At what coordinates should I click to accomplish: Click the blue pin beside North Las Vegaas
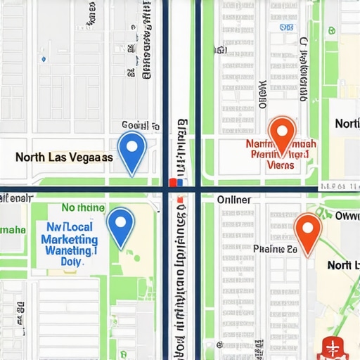click(131, 150)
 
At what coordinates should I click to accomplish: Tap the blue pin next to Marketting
click(120, 225)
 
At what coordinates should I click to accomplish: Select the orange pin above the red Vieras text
click(281, 134)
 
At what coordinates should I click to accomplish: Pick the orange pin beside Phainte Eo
click(307, 230)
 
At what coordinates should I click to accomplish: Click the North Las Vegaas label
click(63, 157)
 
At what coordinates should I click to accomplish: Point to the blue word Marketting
click(69, 239)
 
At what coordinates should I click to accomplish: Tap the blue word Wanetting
click(69, 250)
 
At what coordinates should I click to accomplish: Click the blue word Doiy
click(72, 261)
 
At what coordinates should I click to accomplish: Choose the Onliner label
click(233, 200)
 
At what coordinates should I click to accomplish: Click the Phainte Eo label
click(275, 249)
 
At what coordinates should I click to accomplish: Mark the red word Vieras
click(281, 165)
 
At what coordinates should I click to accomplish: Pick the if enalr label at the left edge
click(15, 198)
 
